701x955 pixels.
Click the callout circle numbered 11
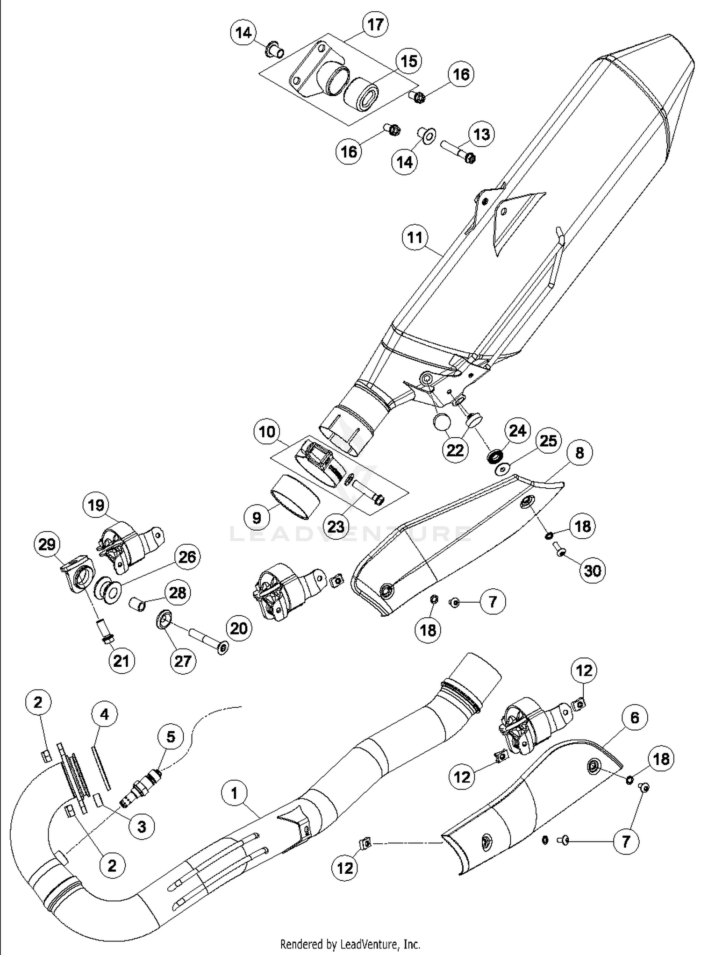(415, 237)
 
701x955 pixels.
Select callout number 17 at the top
(375, 24)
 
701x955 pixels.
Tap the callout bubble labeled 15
(408, 61)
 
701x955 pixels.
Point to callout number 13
(481, 134)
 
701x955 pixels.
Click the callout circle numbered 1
(234, 793)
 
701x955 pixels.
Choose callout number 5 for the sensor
(171, 736)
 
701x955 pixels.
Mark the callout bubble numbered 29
(47, 544)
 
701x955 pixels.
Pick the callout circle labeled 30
(592, 570)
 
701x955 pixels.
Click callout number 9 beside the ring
(257, 517)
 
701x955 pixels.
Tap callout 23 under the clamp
(336, 527)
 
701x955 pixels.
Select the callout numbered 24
(517, 430)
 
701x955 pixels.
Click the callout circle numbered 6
(634, 717)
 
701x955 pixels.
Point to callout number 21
(121, 661)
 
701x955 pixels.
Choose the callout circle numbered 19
(96, 505)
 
